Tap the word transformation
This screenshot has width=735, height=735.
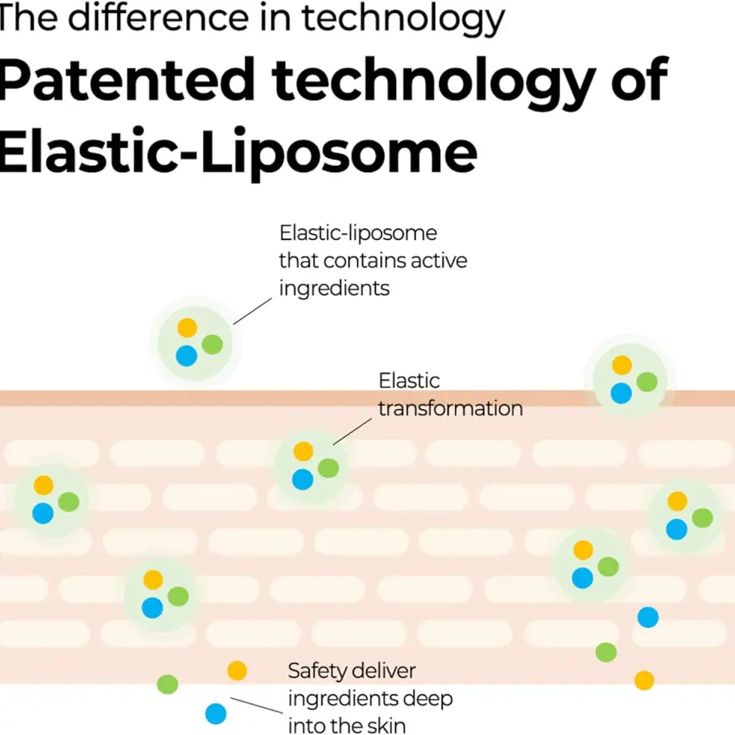coord(450,408)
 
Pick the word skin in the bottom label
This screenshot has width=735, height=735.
coord(385,726)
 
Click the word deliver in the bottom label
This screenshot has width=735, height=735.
coord(384,670)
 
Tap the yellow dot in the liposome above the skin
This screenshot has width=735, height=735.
coord(187,328)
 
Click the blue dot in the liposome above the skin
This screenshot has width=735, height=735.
coord(186,355)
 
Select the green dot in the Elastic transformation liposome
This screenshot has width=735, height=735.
coord(328,468)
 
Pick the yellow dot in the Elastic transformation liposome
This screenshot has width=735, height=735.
coord(303,451)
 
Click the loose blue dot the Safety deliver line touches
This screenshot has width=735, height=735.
coord(216,713)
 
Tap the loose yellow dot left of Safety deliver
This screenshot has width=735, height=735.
coord(237,670)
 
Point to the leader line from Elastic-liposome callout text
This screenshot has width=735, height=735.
coord(252,310)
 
